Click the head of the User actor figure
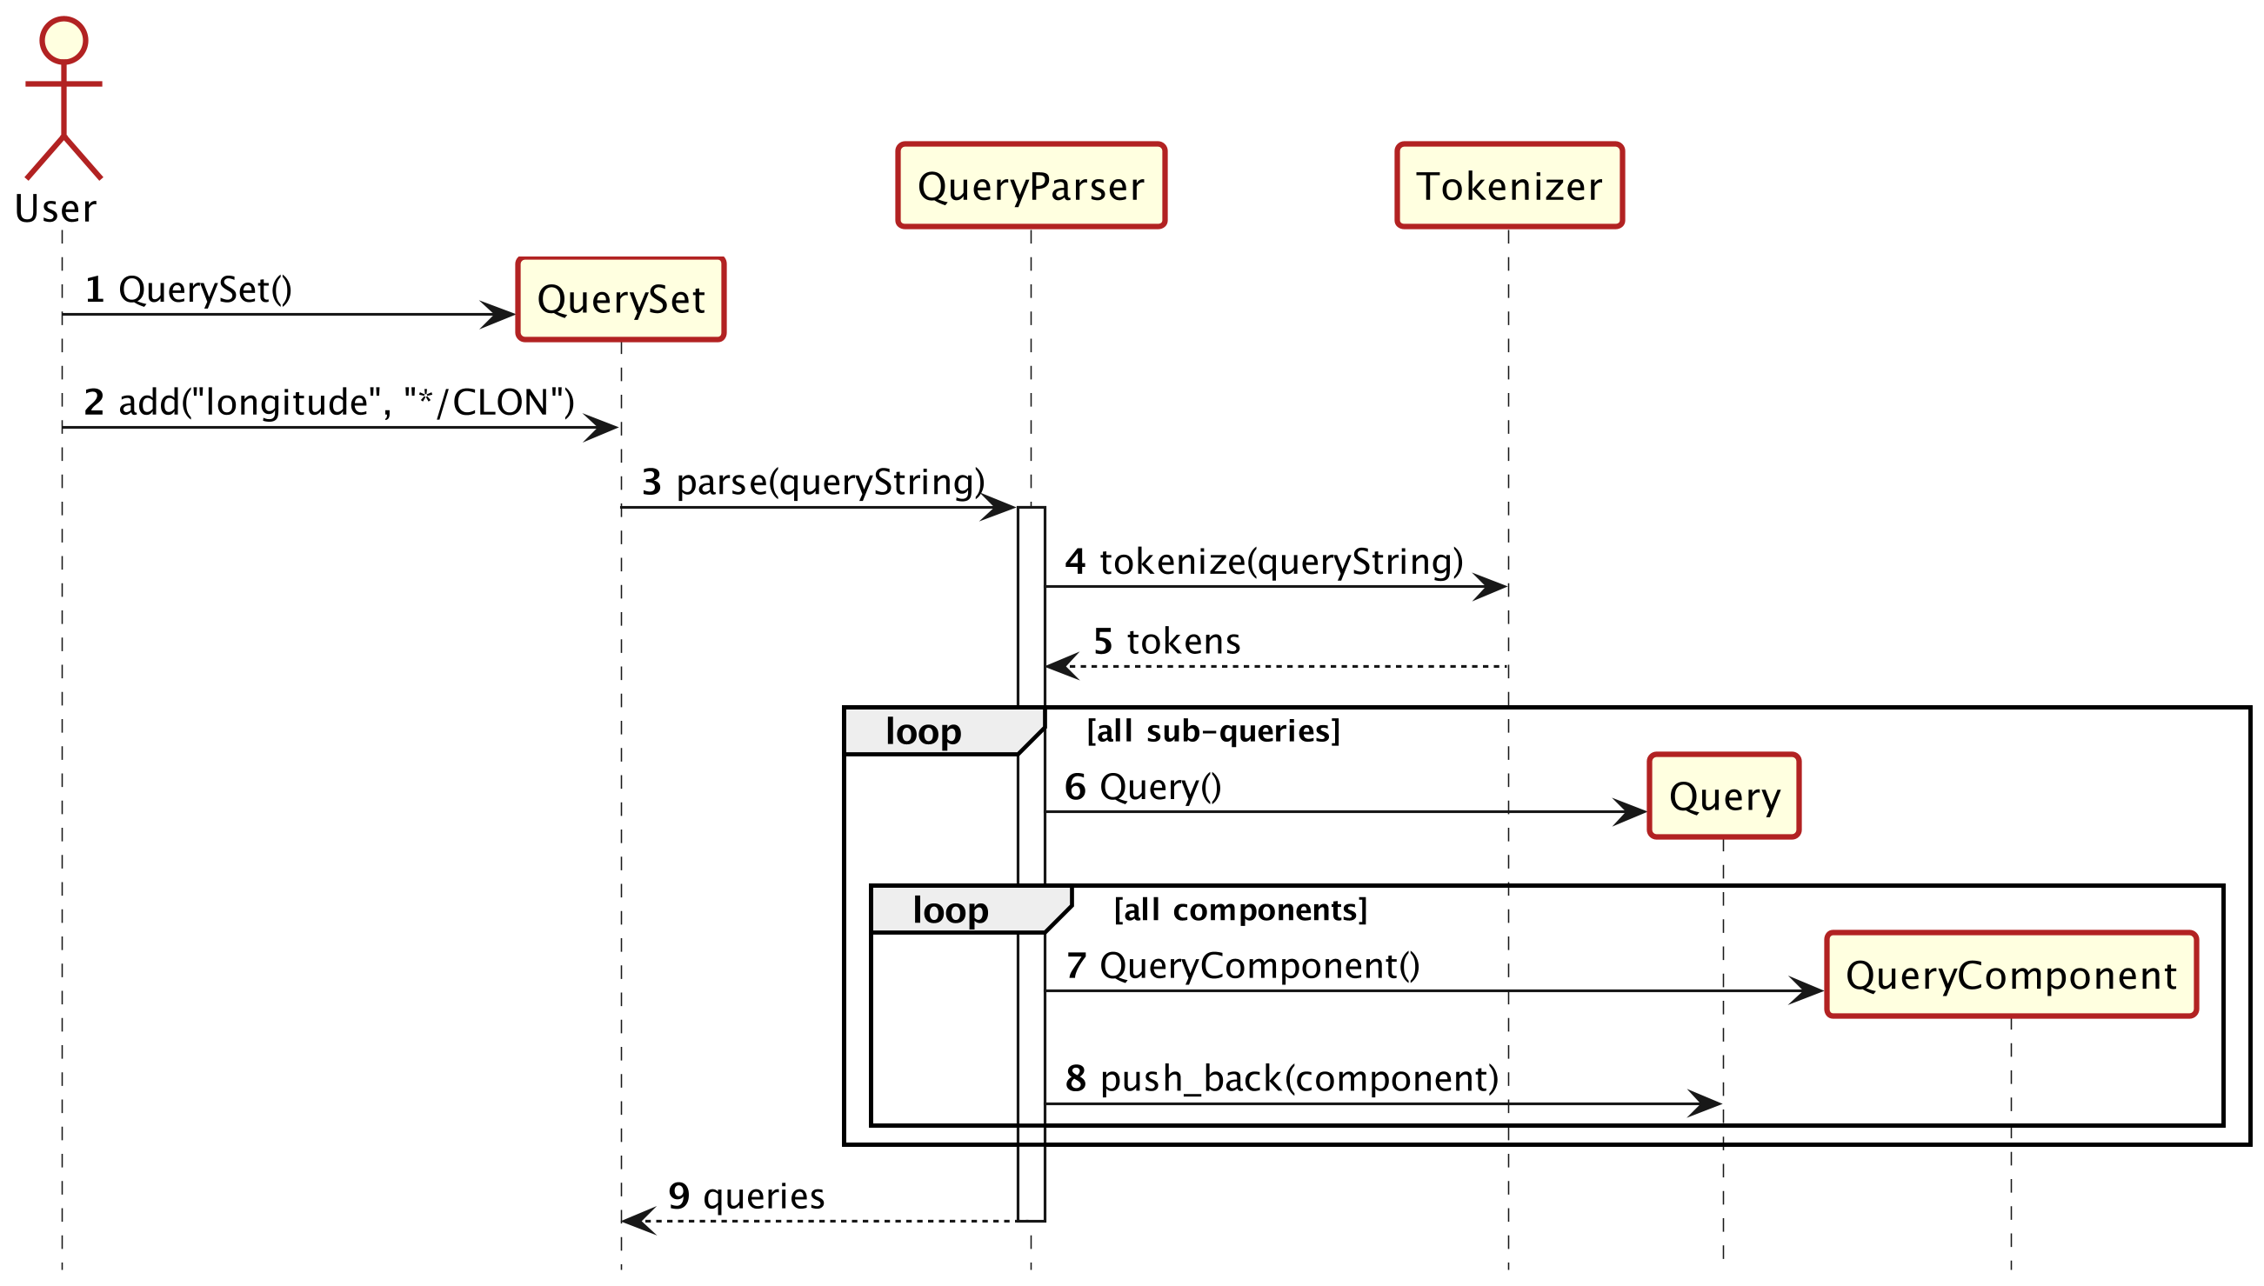[63, 41]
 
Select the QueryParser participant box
[1031, 186]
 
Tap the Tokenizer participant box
[1509, 186]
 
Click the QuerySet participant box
[621, 299]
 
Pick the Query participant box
[1723, 796]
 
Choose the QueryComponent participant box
[2011, 975]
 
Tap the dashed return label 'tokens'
[1184, 641]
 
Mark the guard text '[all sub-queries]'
[1212, 731]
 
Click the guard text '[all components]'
[1240, 910]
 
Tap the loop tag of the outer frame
[924, 732]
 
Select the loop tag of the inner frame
[951, 910]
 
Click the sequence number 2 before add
[94, 403]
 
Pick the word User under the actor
[56, 210]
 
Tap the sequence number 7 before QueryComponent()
[1075, 966]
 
